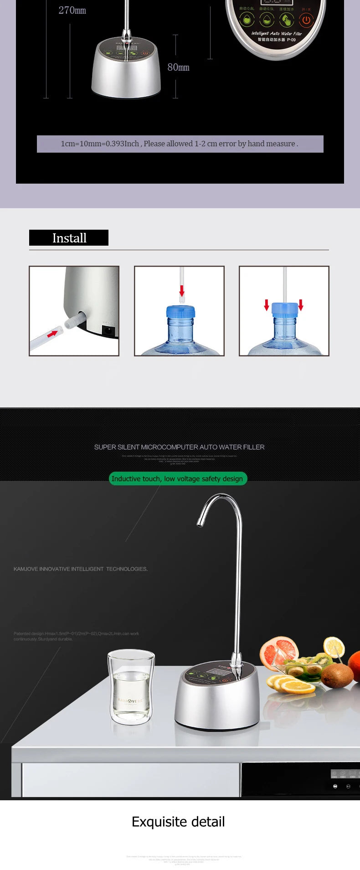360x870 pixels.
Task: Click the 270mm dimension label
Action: (72, 10)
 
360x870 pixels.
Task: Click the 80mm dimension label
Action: (178, 67)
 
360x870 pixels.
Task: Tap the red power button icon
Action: (306, 20)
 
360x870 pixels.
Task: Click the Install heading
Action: (69, 238)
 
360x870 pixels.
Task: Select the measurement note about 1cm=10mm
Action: (180, 144)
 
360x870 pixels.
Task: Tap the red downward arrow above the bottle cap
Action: (182, 290)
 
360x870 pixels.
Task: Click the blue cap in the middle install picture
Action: (180, 312)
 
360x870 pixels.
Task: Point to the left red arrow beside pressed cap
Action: (267, 304)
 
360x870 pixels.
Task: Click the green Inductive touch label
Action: (177, 479)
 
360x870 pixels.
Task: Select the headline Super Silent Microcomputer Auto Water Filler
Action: (179, 447)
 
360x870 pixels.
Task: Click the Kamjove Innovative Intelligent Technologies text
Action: (81, 569)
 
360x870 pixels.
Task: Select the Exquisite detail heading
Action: (178, 822)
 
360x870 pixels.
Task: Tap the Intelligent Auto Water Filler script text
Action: (277, 33)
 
